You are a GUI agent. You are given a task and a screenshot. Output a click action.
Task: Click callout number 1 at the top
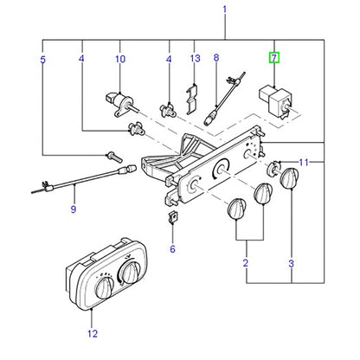225,10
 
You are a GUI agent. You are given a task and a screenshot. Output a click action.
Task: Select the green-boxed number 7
273,58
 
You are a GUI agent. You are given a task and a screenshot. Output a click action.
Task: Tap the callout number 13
195,58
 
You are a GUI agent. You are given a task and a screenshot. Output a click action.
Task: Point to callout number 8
216,58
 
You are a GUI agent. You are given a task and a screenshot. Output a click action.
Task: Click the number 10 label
120,59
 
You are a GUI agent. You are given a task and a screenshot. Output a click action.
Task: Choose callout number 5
42,60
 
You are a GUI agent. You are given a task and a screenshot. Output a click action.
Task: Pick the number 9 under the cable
74,209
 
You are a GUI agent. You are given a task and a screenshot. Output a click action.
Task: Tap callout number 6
172,248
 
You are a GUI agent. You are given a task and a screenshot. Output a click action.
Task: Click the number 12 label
93,334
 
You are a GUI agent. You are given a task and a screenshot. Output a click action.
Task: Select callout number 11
304,163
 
